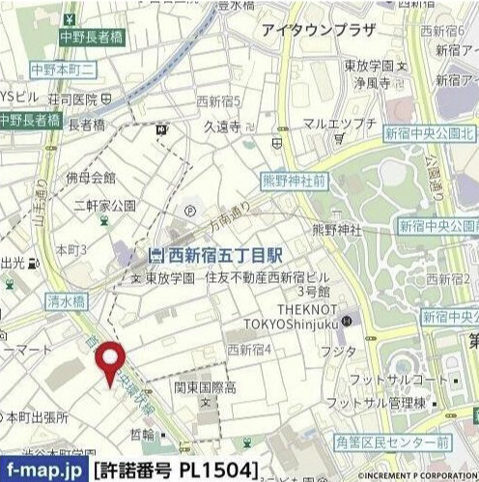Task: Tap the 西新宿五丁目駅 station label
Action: point(214,256)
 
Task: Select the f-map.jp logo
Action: point(43,469)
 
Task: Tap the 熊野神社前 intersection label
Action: point(294,181)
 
